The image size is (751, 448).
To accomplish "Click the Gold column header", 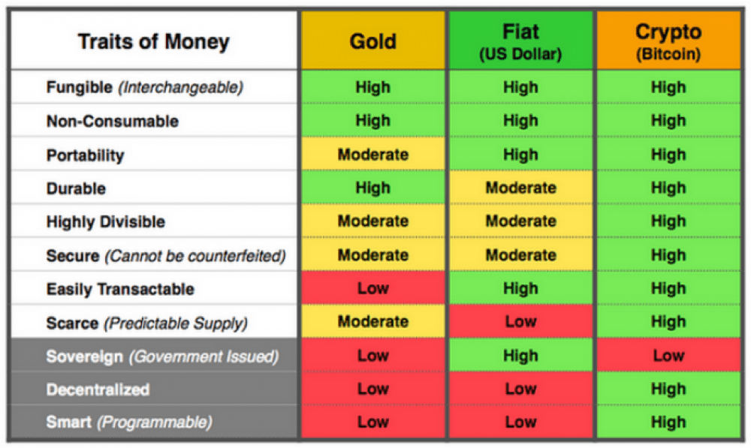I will click(x=373, y=41).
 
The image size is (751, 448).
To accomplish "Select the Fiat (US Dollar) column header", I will click(x=520, y=41).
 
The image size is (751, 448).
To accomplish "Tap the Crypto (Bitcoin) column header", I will click(x=668, y=41).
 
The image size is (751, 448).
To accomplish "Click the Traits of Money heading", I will click(x=153, y=41).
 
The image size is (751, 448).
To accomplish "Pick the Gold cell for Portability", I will click(x=373, y=155).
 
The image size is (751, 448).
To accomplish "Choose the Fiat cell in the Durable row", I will click(x=520, y=188).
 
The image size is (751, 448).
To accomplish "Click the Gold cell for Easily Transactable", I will click(x=373, y=289).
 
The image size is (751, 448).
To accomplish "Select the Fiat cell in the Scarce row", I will click(x=520, y=322).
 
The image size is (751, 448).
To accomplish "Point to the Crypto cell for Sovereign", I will click(x=668, y=356).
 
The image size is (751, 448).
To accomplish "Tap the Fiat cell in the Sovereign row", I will click(x=520, y=356).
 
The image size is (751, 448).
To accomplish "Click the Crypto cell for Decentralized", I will click(x=668, y=389).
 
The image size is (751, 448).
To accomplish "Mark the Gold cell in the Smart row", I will click(x=373, y=422).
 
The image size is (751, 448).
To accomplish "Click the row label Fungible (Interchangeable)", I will click(x=145, y=87).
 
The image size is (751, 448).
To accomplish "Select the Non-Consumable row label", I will click(x=113, y=121).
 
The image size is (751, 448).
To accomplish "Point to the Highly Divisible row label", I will click(x=106, y=222).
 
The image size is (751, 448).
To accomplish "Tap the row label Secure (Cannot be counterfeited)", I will click(x=166, y=256).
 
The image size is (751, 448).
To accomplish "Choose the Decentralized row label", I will click(x=98, y=389).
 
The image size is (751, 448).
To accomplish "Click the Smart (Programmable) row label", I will click(x=129, y=422).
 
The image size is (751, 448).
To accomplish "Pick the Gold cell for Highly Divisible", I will click(x=373, y=221).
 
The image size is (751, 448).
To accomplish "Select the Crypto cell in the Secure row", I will click(x=668, y=255).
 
